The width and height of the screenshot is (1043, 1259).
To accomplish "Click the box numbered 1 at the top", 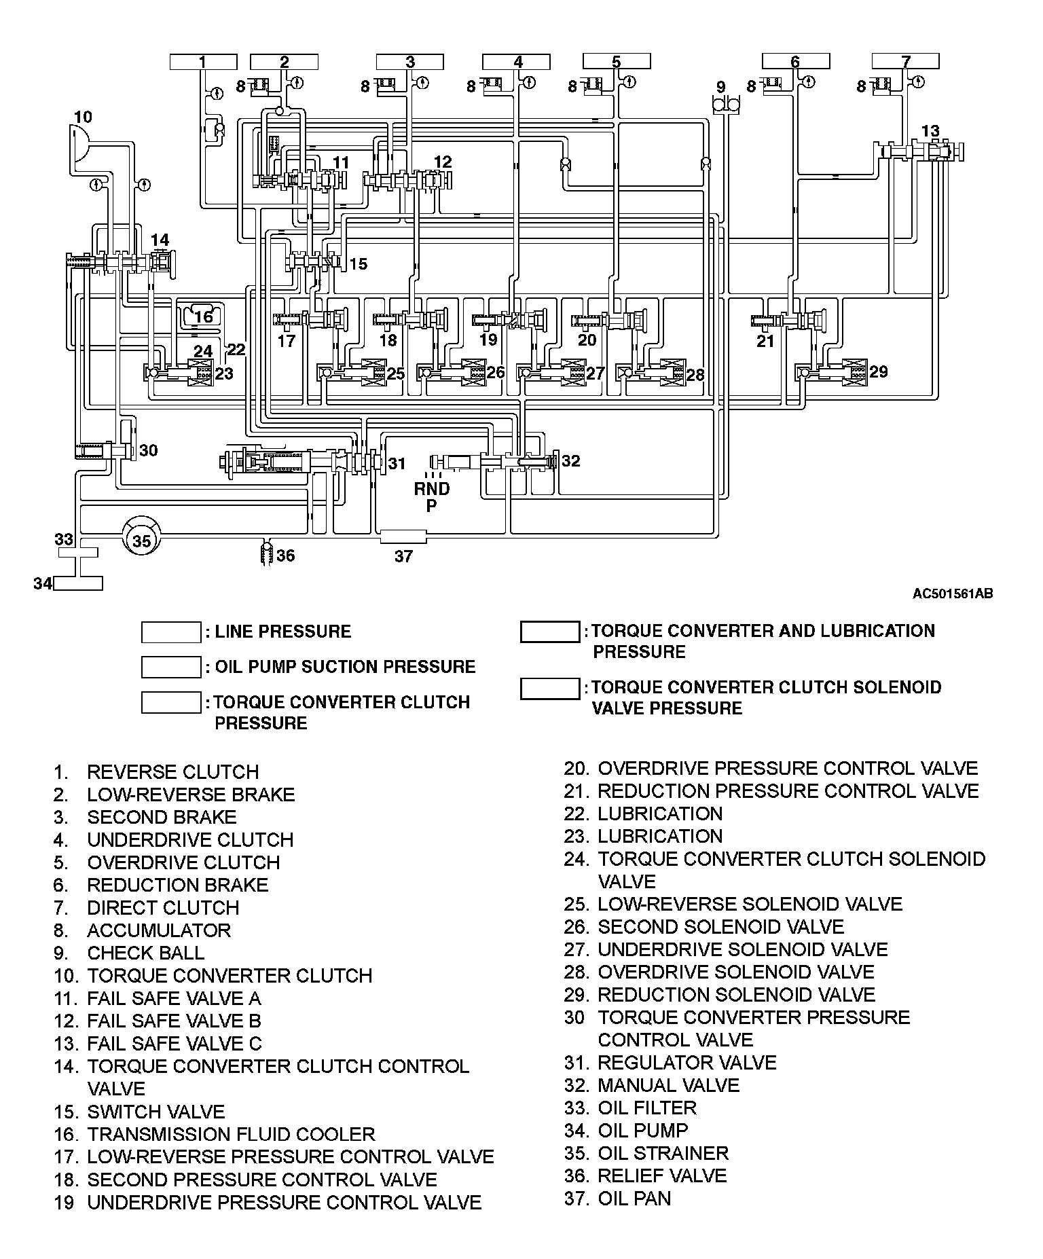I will tap(202, 62).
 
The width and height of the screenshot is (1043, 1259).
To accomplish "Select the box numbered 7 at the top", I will tap(906, 62).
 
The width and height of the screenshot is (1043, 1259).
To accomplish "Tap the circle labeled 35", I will tap(141, 541).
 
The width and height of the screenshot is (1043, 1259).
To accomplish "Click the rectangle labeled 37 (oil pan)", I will tap(403, 536).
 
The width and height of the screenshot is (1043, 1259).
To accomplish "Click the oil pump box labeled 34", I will tap(78, 583).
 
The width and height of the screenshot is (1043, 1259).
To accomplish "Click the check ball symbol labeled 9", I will tap(726, 103).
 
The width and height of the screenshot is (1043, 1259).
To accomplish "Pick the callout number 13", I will tap(930, 131).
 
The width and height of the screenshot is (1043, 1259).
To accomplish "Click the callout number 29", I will tap(878, 371).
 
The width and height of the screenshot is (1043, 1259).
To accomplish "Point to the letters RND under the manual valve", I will tap(432, 489).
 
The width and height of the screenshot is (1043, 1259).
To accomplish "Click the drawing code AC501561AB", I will tap(952, 594).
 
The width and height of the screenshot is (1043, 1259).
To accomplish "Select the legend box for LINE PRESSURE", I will tap(171, 632).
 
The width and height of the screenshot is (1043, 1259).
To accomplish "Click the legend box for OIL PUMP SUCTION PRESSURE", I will tap(171, 667).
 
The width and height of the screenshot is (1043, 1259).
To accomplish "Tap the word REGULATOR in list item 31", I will tap(651, 1063).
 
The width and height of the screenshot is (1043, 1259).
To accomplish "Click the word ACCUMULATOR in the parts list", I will tap(159, 930).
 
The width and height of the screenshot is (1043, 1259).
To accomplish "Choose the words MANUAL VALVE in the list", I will tap(668, 1085).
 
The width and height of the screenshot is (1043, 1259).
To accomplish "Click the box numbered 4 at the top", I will tap(518, 62).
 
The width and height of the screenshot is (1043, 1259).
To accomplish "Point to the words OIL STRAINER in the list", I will tap(663, 1153).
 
